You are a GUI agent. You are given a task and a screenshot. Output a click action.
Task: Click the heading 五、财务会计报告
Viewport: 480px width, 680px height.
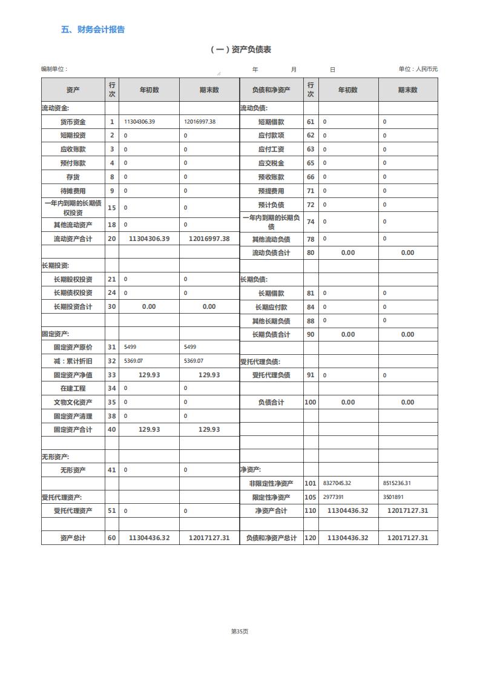[93, 30]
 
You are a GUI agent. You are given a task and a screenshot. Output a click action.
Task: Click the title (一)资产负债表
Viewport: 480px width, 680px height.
[240, 50]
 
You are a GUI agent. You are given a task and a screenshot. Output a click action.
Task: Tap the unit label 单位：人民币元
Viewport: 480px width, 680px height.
[418, 69]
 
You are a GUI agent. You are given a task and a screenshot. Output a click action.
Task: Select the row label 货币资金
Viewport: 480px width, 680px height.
[73, 122]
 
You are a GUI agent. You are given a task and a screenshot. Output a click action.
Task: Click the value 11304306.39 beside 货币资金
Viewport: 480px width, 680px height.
[139, 122]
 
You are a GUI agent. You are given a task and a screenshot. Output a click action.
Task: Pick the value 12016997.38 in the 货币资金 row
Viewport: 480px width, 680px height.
[200, 122]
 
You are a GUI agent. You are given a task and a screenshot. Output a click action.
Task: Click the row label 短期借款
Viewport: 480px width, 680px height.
[271, 122]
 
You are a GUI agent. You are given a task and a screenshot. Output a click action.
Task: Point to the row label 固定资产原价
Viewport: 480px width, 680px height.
[73, 348]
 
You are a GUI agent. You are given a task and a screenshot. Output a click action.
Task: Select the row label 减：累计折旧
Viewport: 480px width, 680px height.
[73, 361]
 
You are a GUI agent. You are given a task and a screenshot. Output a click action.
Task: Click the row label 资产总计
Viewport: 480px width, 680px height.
[73, 538]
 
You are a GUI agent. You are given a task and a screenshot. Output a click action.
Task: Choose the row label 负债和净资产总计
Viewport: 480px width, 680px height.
[271, 538]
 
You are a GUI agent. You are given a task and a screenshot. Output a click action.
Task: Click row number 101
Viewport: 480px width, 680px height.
[311, 484]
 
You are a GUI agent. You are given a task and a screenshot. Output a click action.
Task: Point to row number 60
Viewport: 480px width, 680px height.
[111, 538]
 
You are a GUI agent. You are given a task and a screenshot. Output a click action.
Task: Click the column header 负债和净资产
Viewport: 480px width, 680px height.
[271, 90]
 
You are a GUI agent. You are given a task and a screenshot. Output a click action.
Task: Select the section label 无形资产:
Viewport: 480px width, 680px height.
[55, 457]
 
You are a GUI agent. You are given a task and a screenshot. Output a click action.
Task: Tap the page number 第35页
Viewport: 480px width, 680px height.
[240, 632]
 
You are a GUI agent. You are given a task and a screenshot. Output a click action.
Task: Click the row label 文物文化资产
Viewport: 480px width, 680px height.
[73, 403]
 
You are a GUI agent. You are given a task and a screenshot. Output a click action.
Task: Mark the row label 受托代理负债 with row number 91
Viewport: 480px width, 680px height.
[271, 375]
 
